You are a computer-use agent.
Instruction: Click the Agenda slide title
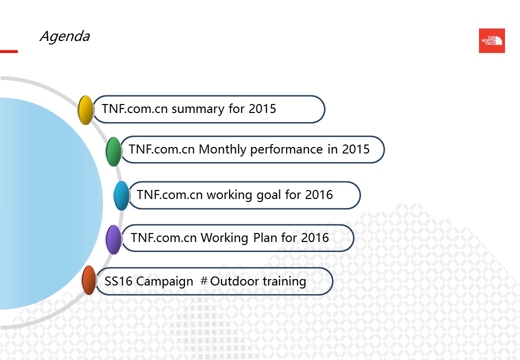coord(65,36)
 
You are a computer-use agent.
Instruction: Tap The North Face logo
coord(492,41)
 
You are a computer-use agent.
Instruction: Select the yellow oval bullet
coord(85,110)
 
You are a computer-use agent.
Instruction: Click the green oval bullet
coord(114,151)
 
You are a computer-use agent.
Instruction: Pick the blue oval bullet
coord(121,195)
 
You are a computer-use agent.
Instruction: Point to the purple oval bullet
coord(114,239)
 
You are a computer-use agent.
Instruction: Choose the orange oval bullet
coord(89,280)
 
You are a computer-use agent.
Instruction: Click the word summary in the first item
coord(198,109)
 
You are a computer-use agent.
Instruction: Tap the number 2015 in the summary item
coord(262,108)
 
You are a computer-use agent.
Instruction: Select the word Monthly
coord(222,149)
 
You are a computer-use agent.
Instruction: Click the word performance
coord(286,150)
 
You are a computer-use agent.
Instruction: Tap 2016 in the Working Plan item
coord(315,237)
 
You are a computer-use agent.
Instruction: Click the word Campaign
coord(164,281)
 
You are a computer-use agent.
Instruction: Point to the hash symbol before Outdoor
coord(204,281)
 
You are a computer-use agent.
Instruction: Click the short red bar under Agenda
coord(8,51)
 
